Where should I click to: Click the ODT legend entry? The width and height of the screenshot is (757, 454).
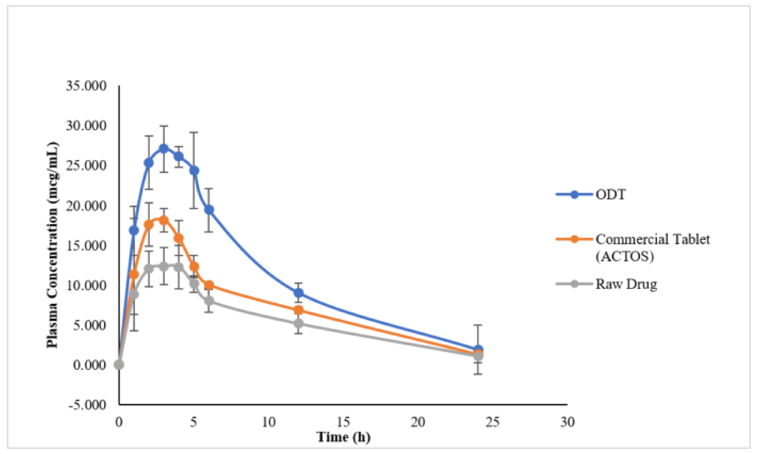tap(610, 195)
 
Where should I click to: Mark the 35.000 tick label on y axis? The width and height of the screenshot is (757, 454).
tap(86, 86)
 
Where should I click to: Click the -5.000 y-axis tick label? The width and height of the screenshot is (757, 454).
tap(87, 404)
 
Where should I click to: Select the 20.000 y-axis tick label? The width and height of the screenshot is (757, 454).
tap(86, 206)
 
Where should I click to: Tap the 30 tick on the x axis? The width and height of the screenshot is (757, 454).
tap(567, 422)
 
